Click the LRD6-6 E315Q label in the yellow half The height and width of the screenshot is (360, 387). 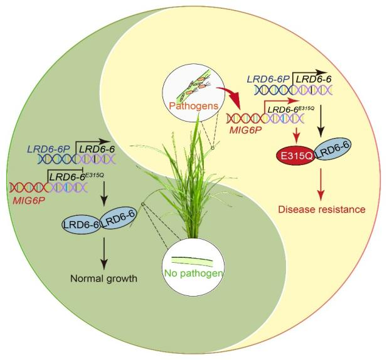point(292,110)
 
